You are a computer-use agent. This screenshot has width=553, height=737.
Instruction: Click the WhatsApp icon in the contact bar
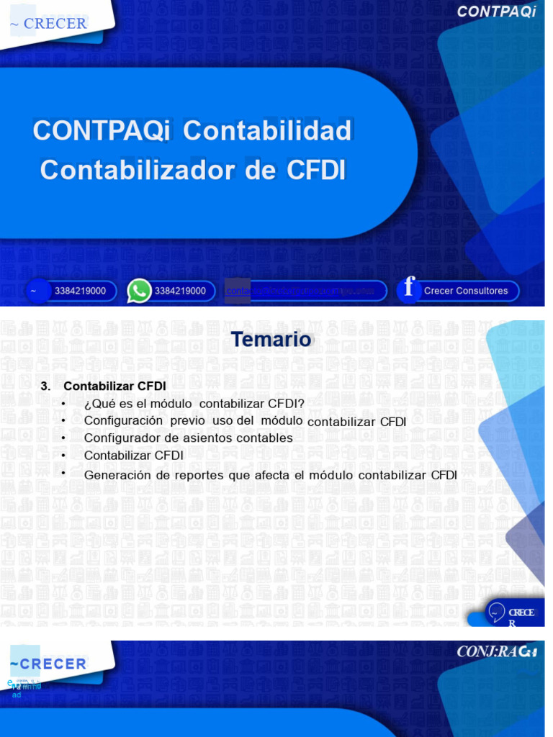tap(139, 291)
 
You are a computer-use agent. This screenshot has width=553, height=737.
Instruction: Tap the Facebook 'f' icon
tap(409, 290)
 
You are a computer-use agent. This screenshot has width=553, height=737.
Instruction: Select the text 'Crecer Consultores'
tap(466, 291)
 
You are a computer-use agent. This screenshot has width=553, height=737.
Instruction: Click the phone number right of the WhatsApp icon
tap(180, 291)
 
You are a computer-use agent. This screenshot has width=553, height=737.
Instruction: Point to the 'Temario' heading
tap(271, 339)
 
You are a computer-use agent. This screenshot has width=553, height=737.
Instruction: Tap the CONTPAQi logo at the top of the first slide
tap(497, 12)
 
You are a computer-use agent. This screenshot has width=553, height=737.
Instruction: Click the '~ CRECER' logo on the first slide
tap(48, 24)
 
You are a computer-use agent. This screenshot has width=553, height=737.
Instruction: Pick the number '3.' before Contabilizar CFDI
tap(45, 386)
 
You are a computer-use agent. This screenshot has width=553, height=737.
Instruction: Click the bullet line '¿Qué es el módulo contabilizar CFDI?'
tap(194, 403)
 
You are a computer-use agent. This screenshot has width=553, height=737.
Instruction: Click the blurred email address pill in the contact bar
tap(306, 291)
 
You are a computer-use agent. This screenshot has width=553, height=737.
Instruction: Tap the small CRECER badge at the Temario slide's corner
tap(513, 613)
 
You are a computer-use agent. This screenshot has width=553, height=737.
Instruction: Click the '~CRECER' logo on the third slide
tap(48, 664)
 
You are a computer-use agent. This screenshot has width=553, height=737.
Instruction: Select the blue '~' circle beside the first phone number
tap(33, 291)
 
